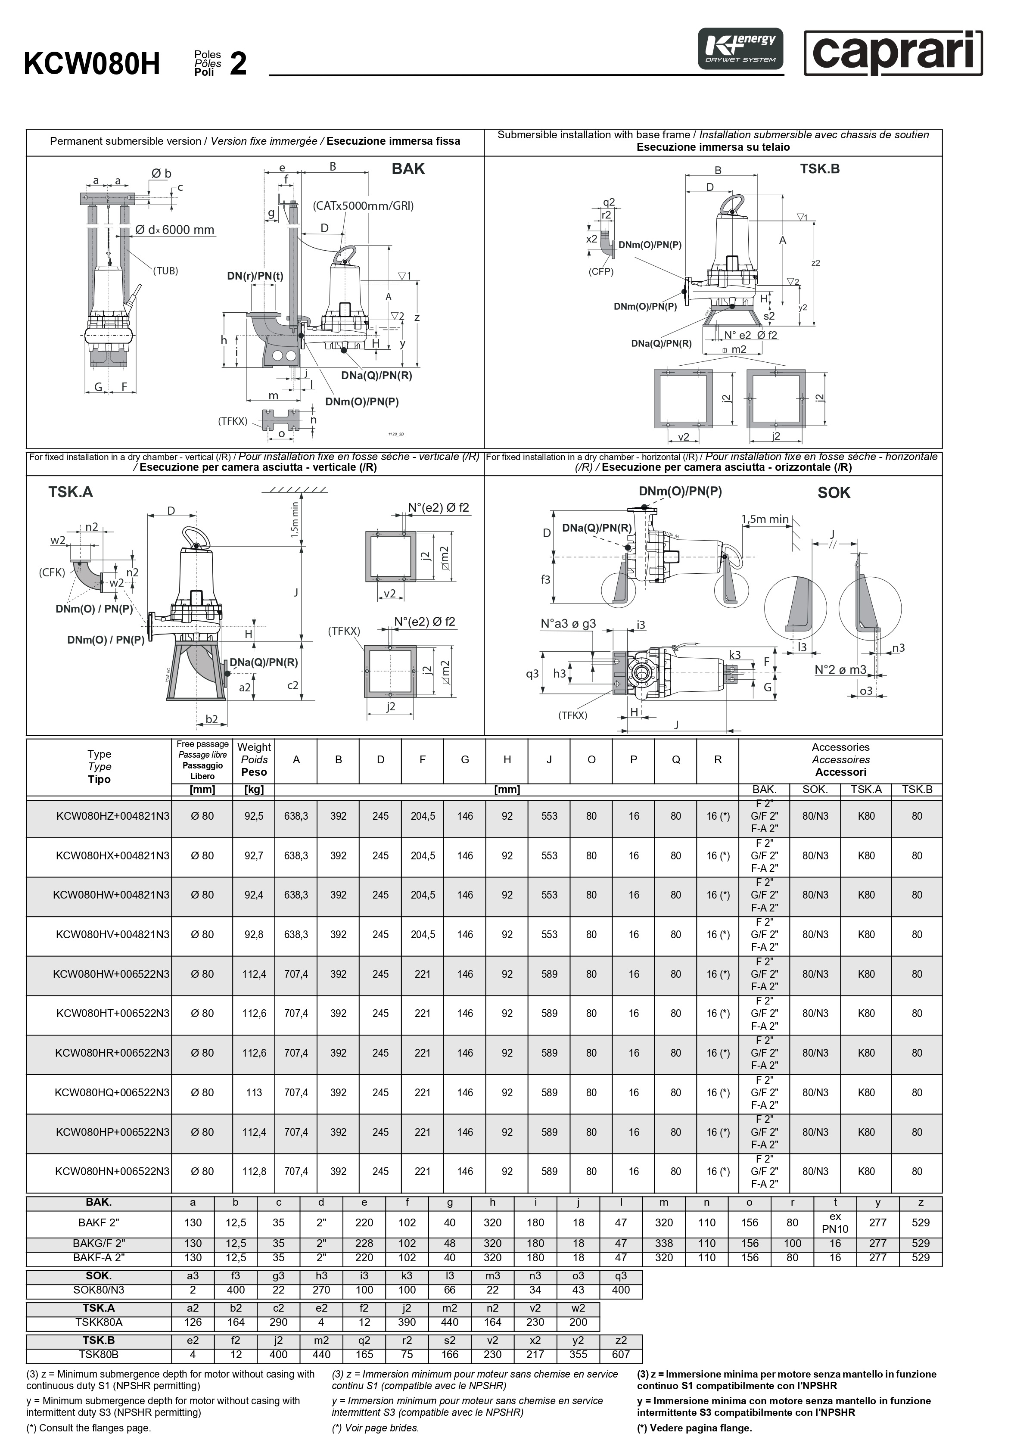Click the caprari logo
(893, 53)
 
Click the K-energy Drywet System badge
(740, 49)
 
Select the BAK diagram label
(408, 169)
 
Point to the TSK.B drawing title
(819, 169)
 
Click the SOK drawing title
(834, 493)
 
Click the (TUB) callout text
(165, 271)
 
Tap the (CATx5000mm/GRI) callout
(363, 206)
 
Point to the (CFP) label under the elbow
(601, 271)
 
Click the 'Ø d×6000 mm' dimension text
(175, 230)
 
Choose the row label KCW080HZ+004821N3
(112, 816)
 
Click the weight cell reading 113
(254, 1092)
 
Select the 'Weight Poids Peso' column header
(254, 759)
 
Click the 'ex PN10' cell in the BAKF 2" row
(835, 1223)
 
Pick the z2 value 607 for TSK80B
(621, 1355)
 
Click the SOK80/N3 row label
(99, 1290)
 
